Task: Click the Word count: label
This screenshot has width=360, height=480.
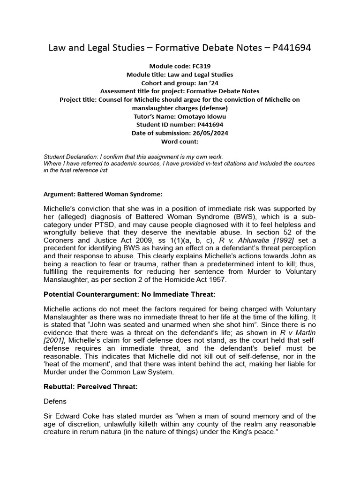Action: pos(180,141)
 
